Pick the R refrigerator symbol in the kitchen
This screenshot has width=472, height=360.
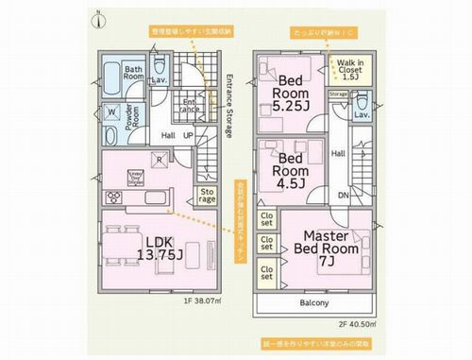pos(160,161)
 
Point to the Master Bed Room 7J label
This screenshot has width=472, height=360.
pos(327,249)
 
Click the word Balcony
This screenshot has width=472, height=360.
pos(314,303)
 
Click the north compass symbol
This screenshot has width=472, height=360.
pos(101,18)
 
